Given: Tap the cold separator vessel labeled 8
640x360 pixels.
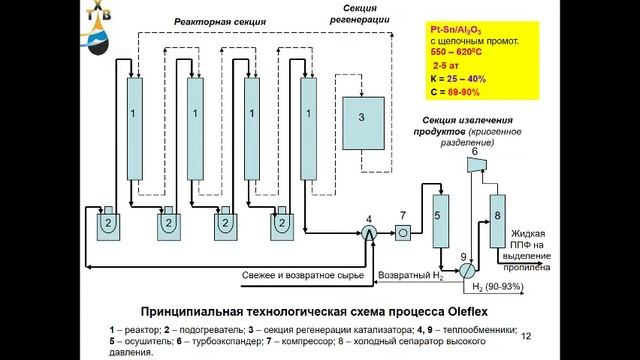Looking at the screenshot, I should (497, 217).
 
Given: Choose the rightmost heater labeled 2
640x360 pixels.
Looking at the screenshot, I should (280, 223).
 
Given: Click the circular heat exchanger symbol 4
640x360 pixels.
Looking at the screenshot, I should (368, 233).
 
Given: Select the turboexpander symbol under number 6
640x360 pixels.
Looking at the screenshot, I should (476, 166).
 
